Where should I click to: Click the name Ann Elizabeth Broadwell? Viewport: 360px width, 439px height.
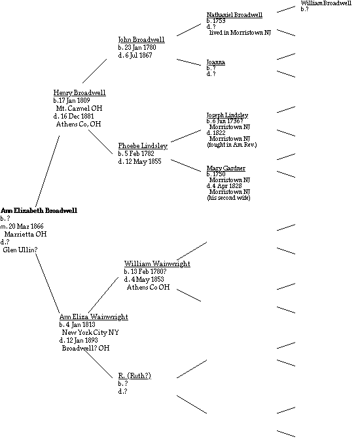(x=39, y=210)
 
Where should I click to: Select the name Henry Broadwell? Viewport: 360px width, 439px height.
(x=79, y=92)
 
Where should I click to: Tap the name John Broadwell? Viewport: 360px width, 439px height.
(x=141, y=39)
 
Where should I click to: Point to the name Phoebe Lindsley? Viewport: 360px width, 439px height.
(x=143, y=146)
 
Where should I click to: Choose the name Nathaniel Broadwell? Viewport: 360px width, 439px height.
(x=234, y=15)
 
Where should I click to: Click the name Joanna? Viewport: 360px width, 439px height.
(x=215, y=62)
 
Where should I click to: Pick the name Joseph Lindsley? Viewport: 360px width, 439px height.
(x=227, y=115)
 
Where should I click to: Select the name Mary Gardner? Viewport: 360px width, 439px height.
(x=226, y=168)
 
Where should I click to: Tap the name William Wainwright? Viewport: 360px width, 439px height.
(x=157, y=264)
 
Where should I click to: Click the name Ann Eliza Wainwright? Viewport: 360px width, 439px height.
(x=94, y=317)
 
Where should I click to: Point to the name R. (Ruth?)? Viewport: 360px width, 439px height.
(x=135, y=375)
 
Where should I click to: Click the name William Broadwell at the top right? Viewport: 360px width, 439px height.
(x=326, y=3)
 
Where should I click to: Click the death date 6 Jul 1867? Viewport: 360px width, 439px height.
(x=139, y=55)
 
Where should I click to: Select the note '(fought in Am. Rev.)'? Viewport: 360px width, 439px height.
(x=232, y=145)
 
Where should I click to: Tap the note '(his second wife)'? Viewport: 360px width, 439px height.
(x=228, y=198)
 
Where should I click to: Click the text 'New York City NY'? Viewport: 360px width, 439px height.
(x=90, y=333)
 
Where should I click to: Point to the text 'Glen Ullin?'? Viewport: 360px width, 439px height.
(x=20, y=250)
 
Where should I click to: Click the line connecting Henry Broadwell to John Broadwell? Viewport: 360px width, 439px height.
(x=94, y=71)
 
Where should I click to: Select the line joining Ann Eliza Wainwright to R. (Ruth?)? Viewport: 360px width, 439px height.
(x=98, y=364)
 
